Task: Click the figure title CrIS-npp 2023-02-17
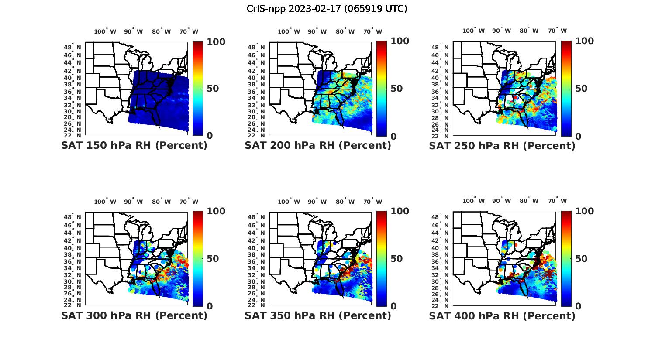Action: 327,9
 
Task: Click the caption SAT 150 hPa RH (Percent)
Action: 134,146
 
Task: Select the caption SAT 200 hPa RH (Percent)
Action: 318,146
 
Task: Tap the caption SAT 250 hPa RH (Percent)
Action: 502,146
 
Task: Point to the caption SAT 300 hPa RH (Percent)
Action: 134,315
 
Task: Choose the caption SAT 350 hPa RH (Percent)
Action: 318,315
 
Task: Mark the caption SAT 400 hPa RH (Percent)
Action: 502,315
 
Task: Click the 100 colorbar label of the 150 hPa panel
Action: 216,41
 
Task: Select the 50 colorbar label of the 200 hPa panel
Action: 396,89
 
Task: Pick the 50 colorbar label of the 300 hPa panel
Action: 213,259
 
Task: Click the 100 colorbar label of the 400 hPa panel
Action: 584,211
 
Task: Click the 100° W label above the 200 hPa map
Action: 289,31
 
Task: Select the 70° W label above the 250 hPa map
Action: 558,31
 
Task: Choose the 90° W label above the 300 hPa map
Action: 133,202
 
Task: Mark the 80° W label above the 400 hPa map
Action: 529,201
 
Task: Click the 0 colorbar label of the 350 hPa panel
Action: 393,306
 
